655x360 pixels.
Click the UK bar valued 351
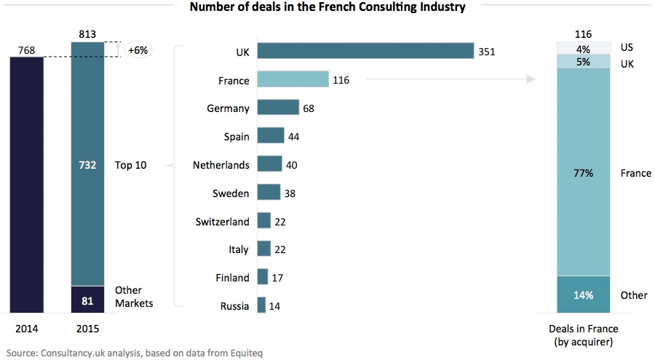click(365, 52)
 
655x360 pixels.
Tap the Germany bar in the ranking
click(278, 108)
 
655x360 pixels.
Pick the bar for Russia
click(261, 305)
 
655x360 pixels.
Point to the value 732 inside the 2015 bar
click(88, 165)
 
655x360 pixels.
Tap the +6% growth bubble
click(137, 51)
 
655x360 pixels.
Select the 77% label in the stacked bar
click(582, 173)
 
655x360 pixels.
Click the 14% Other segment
click(582, 295)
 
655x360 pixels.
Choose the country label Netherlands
click(221, 165)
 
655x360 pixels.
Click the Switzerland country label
click(222, 222)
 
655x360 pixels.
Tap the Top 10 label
click(130, 165)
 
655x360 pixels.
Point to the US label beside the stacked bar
click(627, 47)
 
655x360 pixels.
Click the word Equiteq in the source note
click(242, 353)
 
